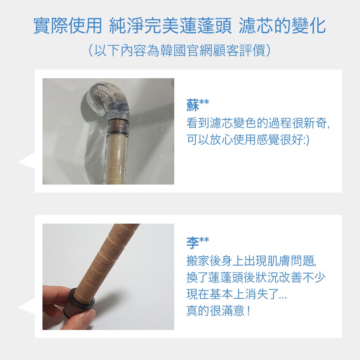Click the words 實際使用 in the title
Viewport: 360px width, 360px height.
click(x=68, y=26)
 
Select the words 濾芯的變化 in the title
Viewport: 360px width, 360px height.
click(x=282, y=26)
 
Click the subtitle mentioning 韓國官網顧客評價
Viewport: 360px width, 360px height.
click(x=179, y=50)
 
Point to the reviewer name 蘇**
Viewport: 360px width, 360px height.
click(x=198, y=105)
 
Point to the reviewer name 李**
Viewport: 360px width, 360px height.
click(x=198, y=243)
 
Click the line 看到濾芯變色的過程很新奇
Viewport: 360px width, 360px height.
click(x=258, y=123)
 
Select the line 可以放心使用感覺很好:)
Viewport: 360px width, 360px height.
click(x=248, y=139)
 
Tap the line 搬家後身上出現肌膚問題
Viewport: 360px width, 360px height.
click(x=252, y=261)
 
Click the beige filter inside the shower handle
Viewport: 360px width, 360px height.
click(x=116, y=158)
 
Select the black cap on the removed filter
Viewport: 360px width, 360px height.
click(x=78, y=303)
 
